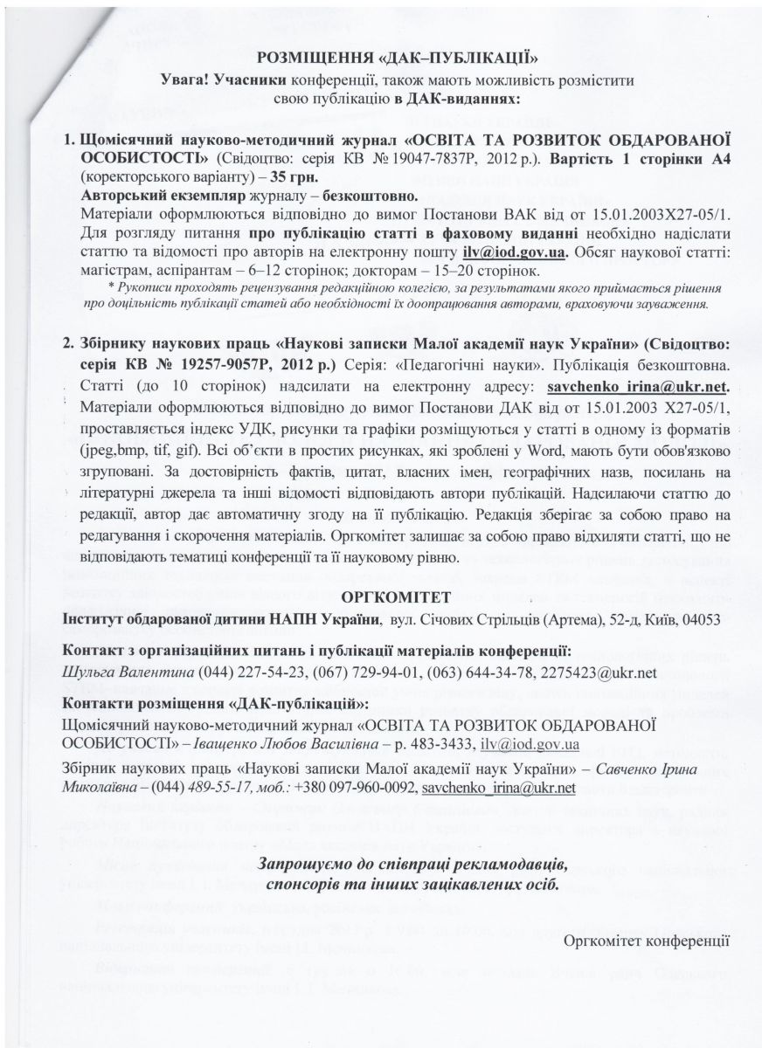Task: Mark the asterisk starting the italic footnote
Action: tap(109, 287)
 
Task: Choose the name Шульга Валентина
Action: tap(115, 672)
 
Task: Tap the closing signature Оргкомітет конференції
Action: tap(646, 940)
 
